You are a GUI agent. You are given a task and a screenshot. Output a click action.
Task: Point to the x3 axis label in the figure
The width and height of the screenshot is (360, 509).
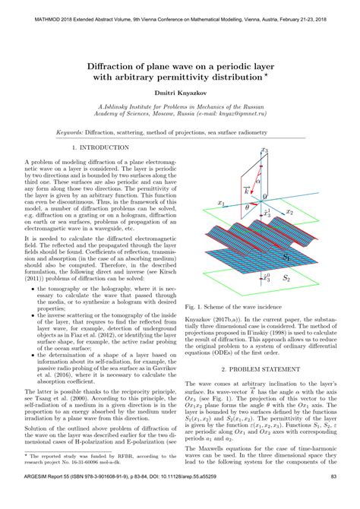click(264, 151)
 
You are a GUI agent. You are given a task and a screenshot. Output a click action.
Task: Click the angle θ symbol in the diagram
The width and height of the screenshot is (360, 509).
click(245, 206)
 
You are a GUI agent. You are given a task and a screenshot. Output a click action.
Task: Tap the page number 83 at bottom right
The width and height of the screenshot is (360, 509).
click(332, 498)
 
